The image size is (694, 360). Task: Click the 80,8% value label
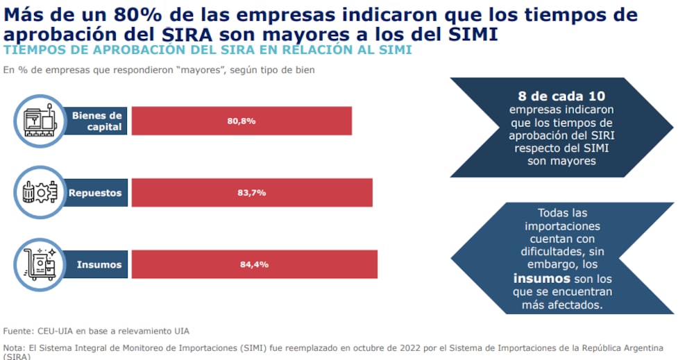point(242,121)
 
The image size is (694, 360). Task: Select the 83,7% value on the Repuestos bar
point(251,193)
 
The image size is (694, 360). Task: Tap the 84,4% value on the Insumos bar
point(254,264)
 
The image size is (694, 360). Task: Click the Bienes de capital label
point(96,121)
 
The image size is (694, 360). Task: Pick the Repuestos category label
point(95,193)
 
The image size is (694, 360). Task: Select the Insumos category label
point(99,264)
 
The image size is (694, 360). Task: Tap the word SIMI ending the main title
point(472,33)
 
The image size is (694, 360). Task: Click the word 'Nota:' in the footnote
point(15,347)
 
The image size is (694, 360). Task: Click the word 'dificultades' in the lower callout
point(552,252)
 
